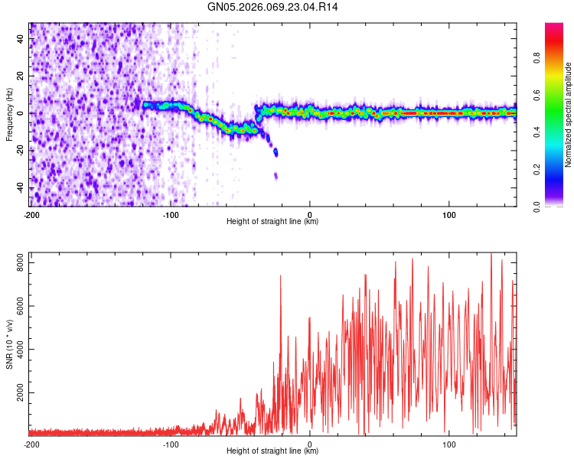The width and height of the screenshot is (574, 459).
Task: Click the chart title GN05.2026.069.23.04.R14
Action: [273, 7]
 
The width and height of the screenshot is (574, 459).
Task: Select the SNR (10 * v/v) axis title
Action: [9, 344]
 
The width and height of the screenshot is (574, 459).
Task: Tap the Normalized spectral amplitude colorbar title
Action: [569, 115]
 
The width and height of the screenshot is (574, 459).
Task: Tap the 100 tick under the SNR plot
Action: [449, 444]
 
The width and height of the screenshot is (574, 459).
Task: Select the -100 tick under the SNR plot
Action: [170, 444]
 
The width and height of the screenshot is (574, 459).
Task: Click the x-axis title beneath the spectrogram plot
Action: [272, 222]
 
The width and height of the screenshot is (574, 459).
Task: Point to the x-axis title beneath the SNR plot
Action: [272, 451]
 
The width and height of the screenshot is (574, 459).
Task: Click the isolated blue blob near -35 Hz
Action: [276, 177]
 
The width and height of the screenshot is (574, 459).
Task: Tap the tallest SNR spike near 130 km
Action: [491, 255]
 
